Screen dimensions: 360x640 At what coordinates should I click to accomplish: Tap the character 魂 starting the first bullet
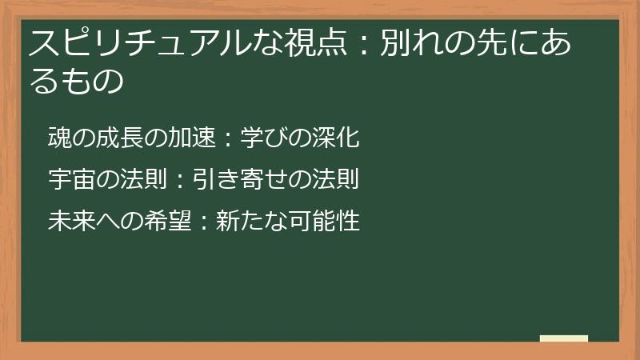(x=59, y=138)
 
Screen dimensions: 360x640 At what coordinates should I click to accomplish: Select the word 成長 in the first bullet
(x=123, y=138)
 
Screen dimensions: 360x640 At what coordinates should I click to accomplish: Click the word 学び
(x=262, y=138)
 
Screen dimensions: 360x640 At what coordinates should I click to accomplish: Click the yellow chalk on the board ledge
(x=564, y=338)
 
